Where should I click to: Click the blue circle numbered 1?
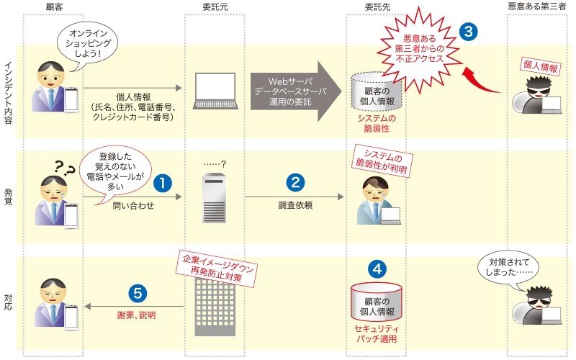click(163, 183)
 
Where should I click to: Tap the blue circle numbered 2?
click(295, 183)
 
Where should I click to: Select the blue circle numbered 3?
click(469, 32)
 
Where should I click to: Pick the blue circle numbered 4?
click(377, 269)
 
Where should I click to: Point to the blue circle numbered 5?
click(138, 293)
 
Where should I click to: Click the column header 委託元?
click(215, 6)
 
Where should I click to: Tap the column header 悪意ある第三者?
click(536, 6)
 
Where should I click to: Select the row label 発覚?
click(8, 197)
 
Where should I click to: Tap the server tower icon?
click(215, 198)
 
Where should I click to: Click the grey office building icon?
click(215, 307)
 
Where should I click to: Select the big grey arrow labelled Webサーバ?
click(296, 91)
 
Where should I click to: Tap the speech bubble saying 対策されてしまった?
click(508, 268)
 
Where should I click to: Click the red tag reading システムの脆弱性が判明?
click(382, 161)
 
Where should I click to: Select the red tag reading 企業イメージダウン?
click(217, 269)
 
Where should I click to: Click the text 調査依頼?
click(295, 205)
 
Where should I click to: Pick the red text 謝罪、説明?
click(136, 315)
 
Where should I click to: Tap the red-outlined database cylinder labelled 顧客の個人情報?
click(377, 302)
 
